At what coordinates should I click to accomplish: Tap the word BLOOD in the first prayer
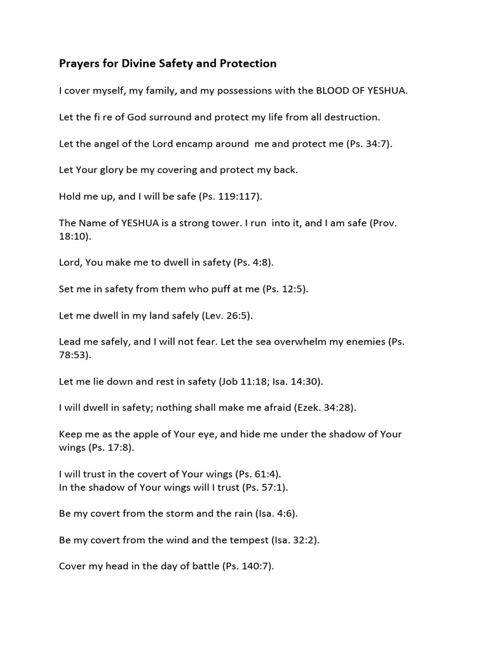332,91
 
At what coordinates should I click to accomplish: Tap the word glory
117,170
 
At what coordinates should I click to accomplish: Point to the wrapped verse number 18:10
72,235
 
